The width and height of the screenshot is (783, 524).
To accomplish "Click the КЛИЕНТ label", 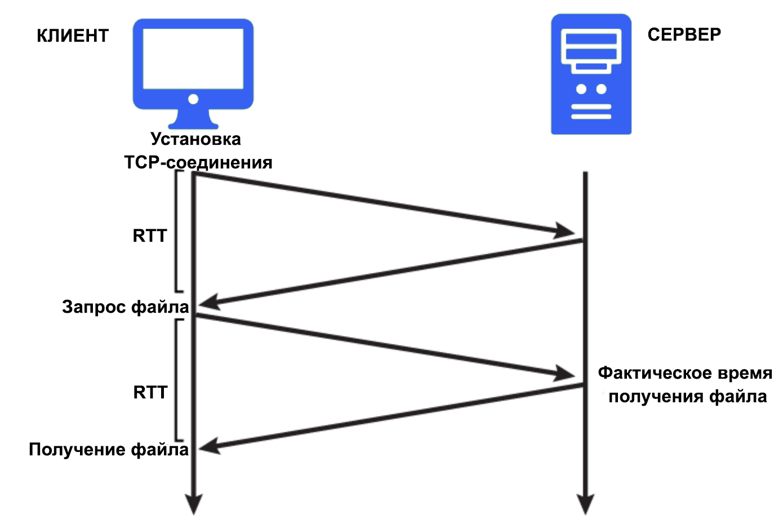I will click(x=72, y=36).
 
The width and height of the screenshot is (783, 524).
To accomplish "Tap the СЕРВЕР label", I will click(x=684, y=35).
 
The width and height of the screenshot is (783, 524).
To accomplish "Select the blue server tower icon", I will click(x=591, y=74).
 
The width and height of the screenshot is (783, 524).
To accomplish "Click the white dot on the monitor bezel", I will click(x=193, y=99).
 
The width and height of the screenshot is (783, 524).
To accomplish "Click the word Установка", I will click(x=195, y=139).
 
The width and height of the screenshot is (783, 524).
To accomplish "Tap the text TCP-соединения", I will click(x=198, y=163).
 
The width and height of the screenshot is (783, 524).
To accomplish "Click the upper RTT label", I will click(x=150, y=236).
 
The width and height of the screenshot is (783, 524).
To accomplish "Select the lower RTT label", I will click(x=150, y=392).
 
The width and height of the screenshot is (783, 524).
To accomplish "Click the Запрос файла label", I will click(x=125, y=307).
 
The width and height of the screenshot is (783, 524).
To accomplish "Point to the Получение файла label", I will click(x=109, y=450).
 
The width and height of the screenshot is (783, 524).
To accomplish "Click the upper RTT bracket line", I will click(x=176, y=231).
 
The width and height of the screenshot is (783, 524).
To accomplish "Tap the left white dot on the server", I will click(x=581, y=89).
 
